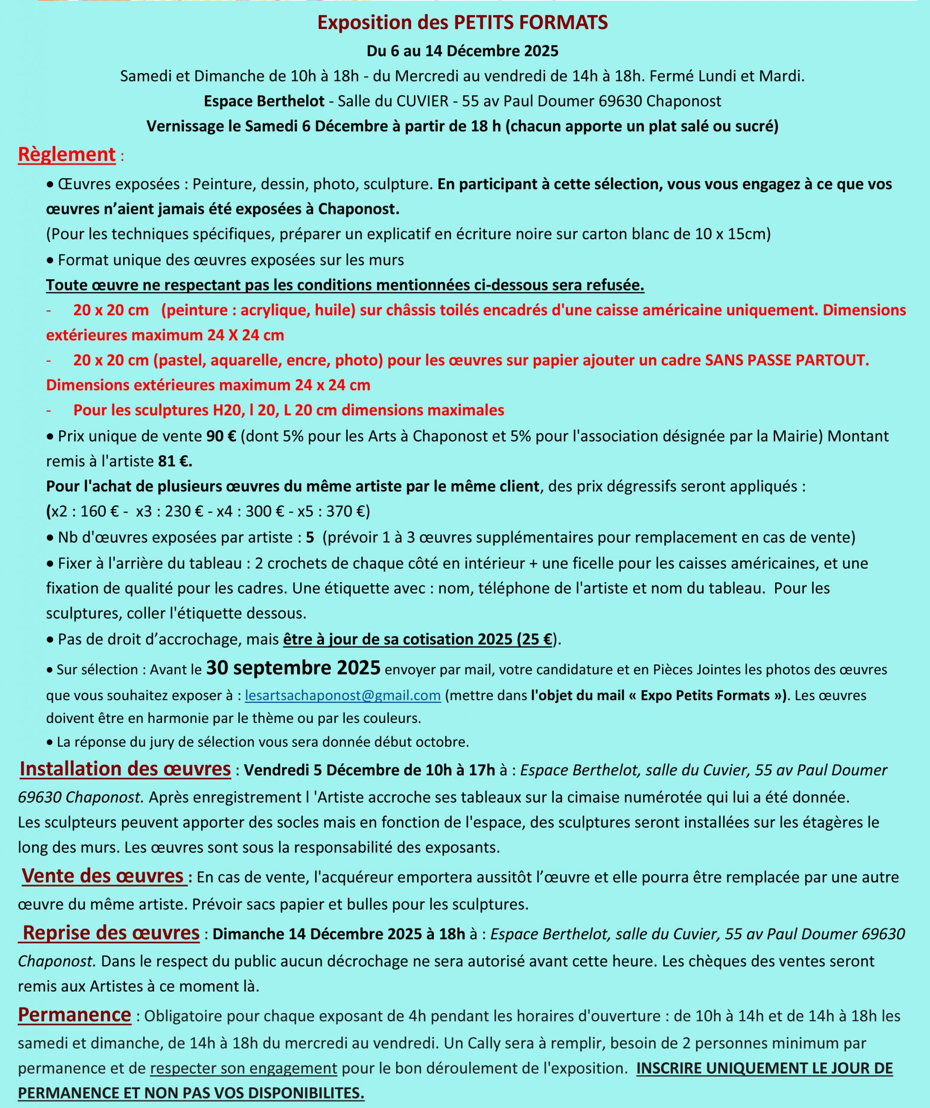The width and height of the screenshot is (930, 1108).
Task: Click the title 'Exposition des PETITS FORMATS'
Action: pos(462,23)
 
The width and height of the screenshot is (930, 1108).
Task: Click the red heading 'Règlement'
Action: pos(67,155)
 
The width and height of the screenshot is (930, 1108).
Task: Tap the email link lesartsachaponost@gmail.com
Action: pos(343,696)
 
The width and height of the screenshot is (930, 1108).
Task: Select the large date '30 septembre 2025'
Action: pos(293,669)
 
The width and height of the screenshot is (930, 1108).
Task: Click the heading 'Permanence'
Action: pos(74,1015)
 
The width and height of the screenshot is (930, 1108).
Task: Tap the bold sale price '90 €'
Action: pos(221,436)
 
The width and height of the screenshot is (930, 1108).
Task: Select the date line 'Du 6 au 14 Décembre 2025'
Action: pos(462,51)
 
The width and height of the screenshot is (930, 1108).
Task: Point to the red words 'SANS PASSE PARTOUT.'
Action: pos(786,361)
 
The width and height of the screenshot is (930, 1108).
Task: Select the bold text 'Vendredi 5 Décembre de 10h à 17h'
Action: pos(369,770)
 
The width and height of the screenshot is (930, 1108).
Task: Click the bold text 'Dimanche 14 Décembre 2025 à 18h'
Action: pos(338,934)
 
